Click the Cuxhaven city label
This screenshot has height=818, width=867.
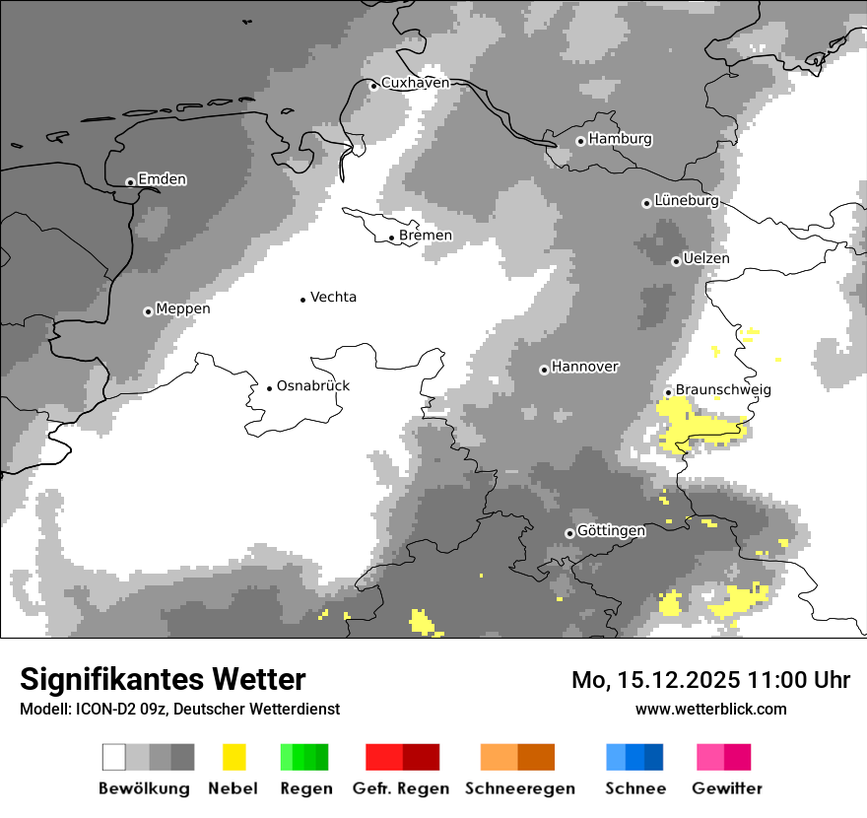(415, 83)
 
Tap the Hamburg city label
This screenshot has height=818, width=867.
(620, 139)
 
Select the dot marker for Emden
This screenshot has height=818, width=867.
(130, 181)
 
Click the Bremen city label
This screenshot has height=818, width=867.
(426, 236)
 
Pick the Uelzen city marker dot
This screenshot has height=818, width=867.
(676, 261)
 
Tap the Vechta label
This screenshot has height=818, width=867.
(333, 297)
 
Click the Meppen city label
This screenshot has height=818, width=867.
(183, 308)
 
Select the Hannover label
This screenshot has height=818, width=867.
(585, 367)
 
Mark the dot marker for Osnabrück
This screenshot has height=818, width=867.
(269, 387)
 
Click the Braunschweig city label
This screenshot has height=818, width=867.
(723, 389)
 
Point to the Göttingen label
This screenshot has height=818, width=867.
(612, 530)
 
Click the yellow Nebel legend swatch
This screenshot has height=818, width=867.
(233, 757)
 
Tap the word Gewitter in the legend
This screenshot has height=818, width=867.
(727, 788)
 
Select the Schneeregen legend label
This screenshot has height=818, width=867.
(519, 788)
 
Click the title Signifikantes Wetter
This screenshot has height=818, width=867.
(163, 679)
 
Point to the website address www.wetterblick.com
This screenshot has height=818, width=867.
(710, 709)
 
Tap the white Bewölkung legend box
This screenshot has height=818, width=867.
(114, 757)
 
